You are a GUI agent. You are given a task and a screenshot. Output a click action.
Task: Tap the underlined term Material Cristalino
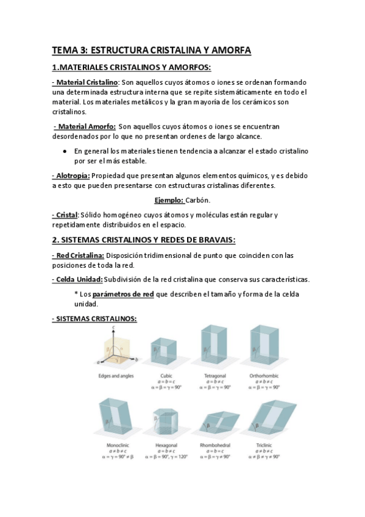point(87,82)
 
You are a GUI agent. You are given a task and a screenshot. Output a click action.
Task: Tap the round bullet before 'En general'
point(65,151)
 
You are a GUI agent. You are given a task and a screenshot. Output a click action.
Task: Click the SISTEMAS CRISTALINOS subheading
point(94,318)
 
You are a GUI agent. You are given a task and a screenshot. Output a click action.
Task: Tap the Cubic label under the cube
point(166,376)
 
